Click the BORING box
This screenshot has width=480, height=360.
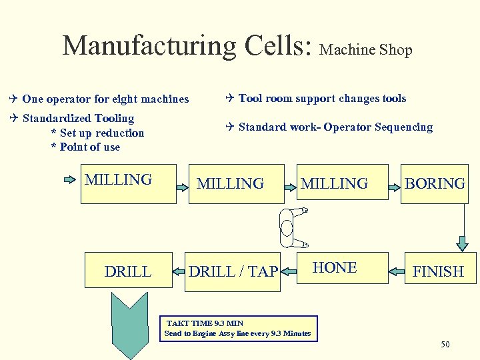click(435, 183)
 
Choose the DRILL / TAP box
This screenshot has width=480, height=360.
click(231, 271)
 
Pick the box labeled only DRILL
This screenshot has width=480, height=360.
click(128, 271)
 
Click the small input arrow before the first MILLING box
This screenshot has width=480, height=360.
click(70, 179)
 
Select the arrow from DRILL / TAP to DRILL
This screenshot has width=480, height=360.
click(179, 271)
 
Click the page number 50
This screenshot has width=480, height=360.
click(445, 344)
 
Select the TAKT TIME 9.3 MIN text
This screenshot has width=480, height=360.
click(205, 323)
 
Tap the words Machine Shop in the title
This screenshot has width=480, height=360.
click(366, 50)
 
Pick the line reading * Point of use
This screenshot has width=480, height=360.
click(85, 147)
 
